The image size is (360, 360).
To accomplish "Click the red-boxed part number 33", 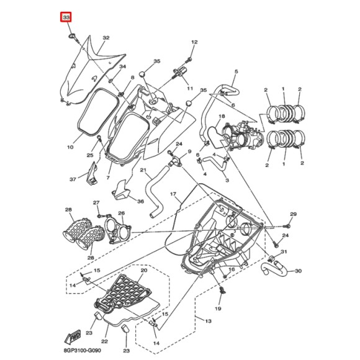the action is pyautogui.click(x=66, y=17).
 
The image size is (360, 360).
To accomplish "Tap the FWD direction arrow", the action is pyautogui.click(x=73, y=336).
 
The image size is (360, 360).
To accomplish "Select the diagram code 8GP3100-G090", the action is pyautogui.click(x=82, y=351).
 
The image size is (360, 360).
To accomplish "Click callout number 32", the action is pyautogui.click(x=106, y=38).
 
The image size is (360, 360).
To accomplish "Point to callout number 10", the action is pyautogui.click(x=71, y=147).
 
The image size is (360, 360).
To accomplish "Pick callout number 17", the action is pyautogui.click(x=173, y=194).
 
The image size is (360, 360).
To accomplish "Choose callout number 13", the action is pyautogui.click(x=208, y=321).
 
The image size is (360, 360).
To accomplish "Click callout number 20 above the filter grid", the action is pyautogui.click(x=144, y=270).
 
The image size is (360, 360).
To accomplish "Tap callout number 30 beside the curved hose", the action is pyautogui.click(x=298, y=271).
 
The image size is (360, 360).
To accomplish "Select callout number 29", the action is pyautogui.click(x=293, y=214).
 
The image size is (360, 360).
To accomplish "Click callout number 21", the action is pyautogui.click(x=143, y=170).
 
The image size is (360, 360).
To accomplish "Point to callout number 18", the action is pyautogui.click(x=222, y=117).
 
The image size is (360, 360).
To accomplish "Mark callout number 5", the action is pyautogui.click(x=236, y=71).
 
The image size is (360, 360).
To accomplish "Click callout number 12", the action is pyautogui.click(x=194, y=42).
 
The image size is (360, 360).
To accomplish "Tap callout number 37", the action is pyautogui.click(x=73, y=179).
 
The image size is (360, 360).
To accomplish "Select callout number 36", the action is pyautogui.click(x=140, y=201).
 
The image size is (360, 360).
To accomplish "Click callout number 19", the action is pyautogui.click(x=218, y=308).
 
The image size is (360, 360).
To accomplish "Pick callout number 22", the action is pyautogui.click(x=104, y=341).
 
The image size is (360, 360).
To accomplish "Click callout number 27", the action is pyautogui.click(x=96, y=202).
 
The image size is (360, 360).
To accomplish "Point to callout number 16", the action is pyautogui.click(x=232, y=269).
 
